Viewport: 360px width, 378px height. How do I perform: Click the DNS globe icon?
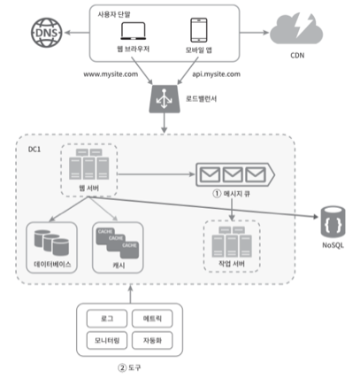click(47, 33)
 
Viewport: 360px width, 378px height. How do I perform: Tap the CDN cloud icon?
click(296, 29)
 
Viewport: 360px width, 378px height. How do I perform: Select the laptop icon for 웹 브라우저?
click(133, 31)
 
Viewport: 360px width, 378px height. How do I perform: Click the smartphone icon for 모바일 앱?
click(199, 30)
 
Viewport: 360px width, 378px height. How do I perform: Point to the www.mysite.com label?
click(111, 74)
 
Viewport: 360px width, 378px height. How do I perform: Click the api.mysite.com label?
click(216, 74)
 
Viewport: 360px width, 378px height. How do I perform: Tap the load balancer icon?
click(165, 99)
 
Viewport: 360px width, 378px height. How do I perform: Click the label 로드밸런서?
click(201, 98)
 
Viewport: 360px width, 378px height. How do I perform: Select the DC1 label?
click(34, 150)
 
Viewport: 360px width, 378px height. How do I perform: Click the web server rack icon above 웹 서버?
click(89, 165)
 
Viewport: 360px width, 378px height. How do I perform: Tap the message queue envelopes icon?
click(235, 174)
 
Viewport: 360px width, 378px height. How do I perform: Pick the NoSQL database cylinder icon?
click(333, 222)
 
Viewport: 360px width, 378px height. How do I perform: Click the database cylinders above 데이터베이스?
click(51, 243)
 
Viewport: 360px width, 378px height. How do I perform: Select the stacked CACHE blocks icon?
click(118, 243)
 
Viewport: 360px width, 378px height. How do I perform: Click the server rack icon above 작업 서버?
click(232, 242)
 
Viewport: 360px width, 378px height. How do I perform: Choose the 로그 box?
click(107, 319)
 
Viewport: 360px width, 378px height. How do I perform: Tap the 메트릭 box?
click(152, 319)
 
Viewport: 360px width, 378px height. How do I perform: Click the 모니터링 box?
click(107, 340)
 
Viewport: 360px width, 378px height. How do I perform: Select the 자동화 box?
click(152, 340)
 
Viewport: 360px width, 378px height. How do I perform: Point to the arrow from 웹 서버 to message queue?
click(157, 174)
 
